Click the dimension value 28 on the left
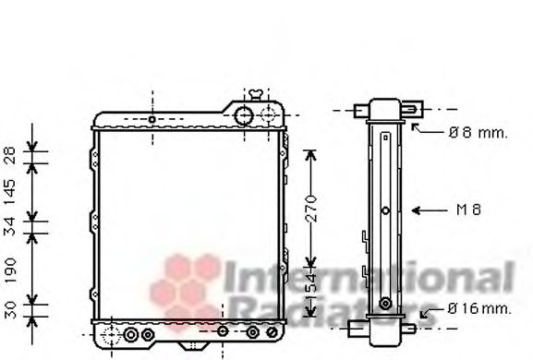point(10,155)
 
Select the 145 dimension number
point(10,192)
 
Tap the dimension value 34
point(10,226)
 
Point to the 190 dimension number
point(10,270)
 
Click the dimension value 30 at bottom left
point(10,310)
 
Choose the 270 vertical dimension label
point(311,209)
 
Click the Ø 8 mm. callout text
point(478,132)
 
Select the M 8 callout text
point(468,210)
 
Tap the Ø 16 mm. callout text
point(478,308)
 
